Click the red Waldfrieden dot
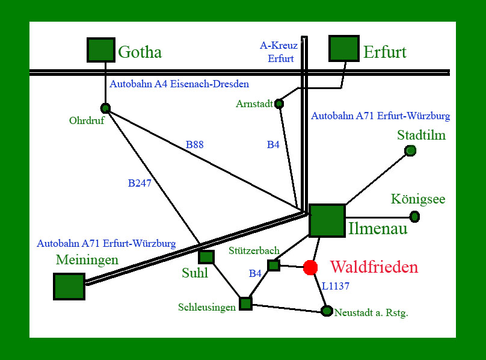click(x=310, y=267)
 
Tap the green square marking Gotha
click(x=101, y=50)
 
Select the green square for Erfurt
click(x=344, y=48)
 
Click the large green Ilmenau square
click(x=327, y=220)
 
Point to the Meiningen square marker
click(x=69, y=286)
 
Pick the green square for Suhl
click(x=206, y=256)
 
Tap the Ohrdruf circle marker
click(x=106, y=108)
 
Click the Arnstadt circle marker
click(x=279, y=104)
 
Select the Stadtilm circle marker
click(x=410, y=151)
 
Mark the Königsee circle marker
click(x=414, y=217)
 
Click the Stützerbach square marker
click(x=274, y=265)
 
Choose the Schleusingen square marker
click(x=245, y=303)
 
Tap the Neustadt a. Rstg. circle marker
click(x=327, y=311)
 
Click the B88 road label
click(x=195, y=144)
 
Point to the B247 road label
click(x=140, y=184)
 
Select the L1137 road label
click(x=336, y=287)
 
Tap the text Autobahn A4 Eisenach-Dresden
click(x=179, y=84)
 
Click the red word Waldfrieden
click(x=374, y=267)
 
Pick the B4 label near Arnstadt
click(x=273, y=144)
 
